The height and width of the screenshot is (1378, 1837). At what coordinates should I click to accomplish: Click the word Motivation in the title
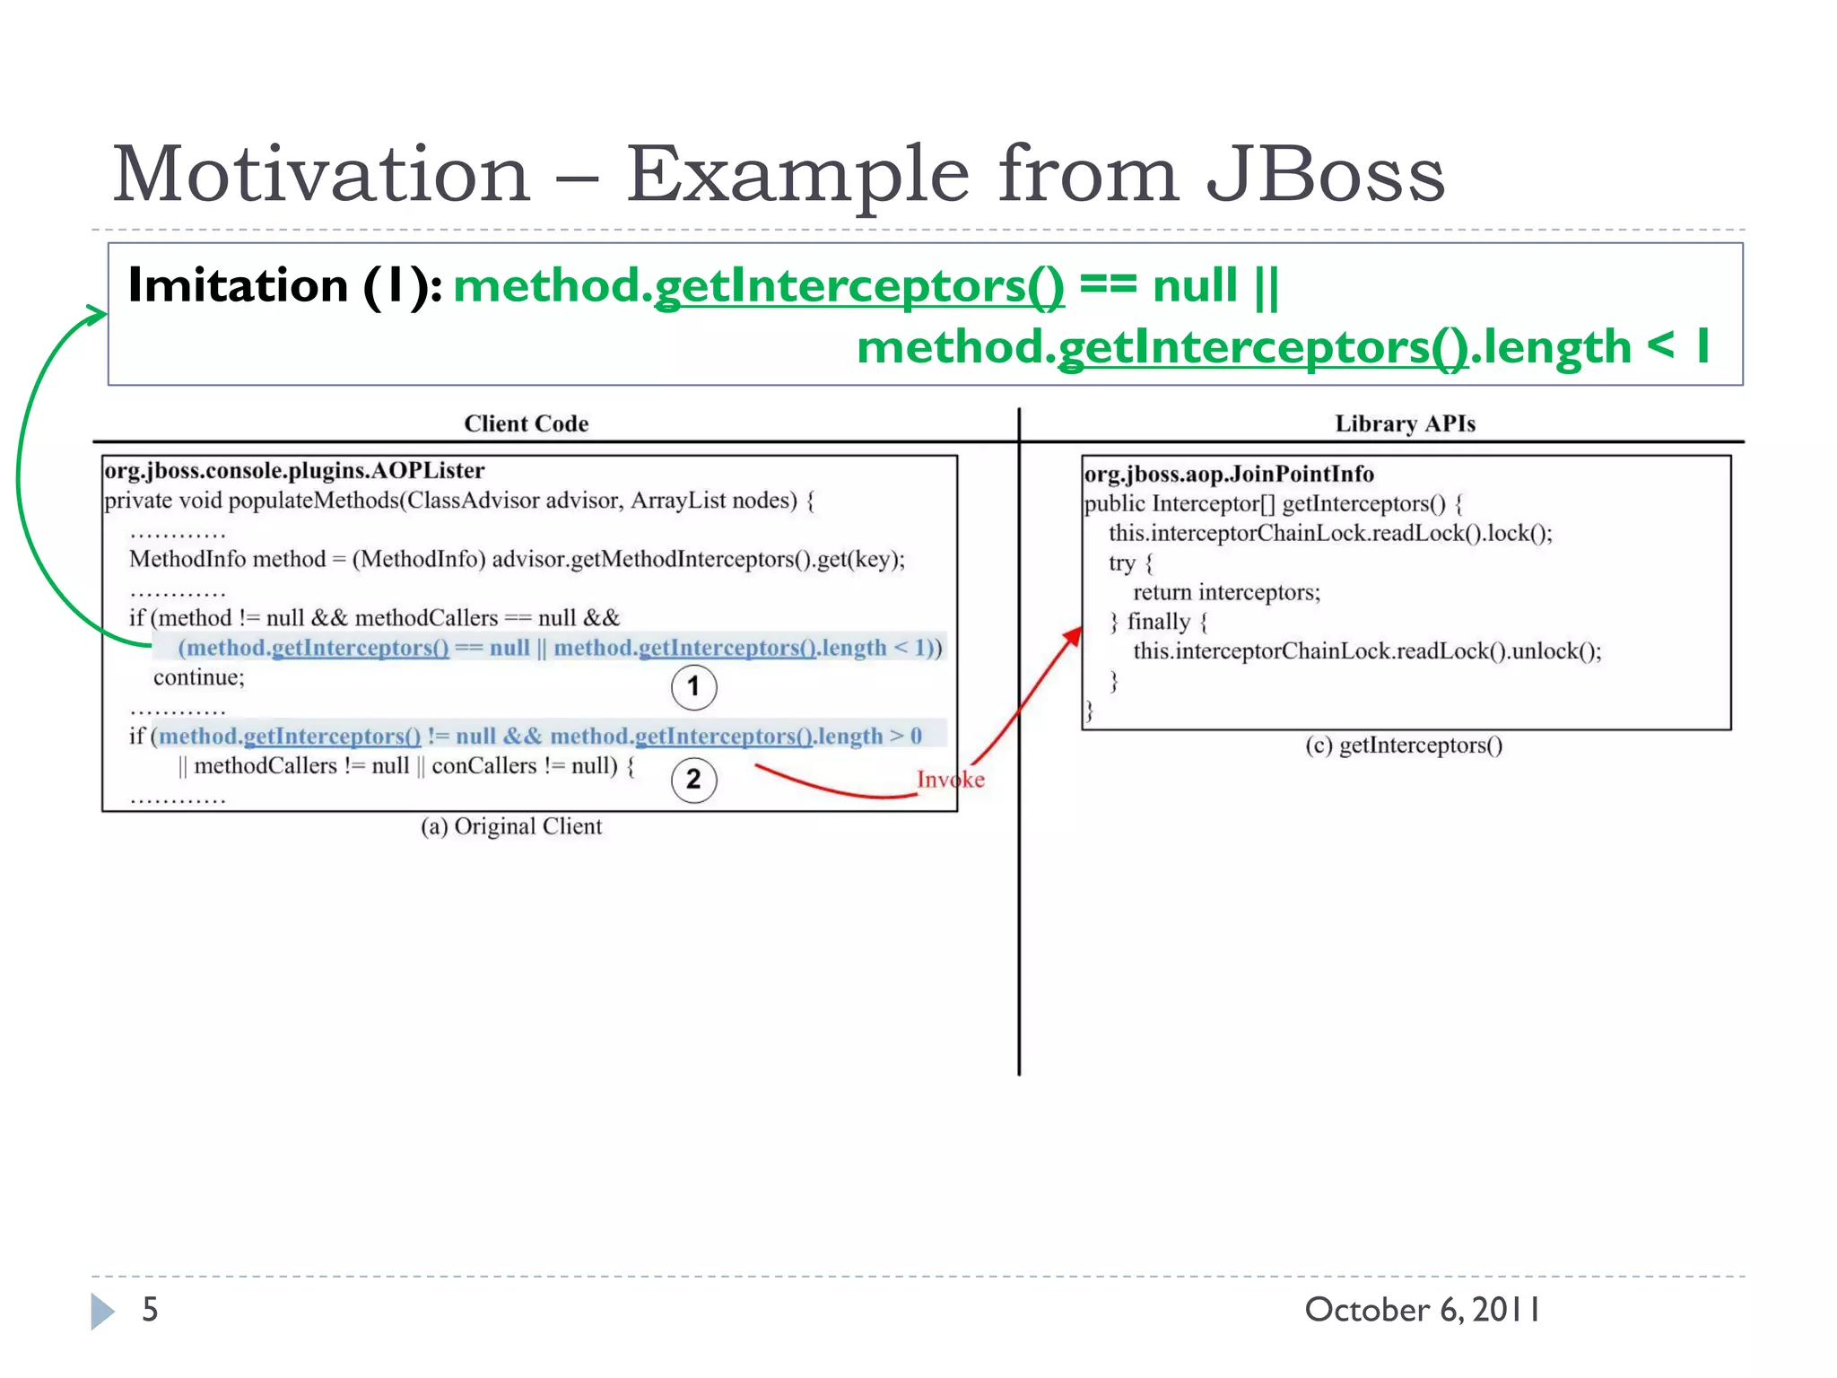321,175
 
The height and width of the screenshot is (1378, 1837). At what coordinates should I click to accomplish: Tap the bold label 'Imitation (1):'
284,286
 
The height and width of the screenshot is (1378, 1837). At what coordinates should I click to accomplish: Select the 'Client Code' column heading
526,423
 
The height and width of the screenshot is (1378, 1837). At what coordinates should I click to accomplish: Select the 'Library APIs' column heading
1404,423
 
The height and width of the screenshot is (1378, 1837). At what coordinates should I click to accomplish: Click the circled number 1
693,687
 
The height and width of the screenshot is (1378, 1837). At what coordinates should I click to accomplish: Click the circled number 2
693,780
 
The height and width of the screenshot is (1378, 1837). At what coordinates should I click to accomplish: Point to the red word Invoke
950,780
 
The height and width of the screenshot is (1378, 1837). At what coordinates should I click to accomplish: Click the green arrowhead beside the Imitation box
97,314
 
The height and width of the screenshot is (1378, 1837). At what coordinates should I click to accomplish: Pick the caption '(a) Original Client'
511,826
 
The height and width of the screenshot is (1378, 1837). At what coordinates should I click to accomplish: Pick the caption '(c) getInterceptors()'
1404,746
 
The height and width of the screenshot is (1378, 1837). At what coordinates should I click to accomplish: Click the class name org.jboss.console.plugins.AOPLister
294,471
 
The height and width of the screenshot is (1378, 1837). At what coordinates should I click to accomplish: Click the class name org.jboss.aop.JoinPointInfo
1229,474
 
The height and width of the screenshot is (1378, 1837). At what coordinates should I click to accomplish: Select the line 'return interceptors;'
1226,592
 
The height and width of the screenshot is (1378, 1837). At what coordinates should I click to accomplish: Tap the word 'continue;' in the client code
198,677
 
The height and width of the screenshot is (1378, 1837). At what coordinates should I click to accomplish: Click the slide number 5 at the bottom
150,1310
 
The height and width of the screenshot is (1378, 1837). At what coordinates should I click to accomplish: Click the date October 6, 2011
1422,1310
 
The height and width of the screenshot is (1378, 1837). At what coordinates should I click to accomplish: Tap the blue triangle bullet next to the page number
102,1312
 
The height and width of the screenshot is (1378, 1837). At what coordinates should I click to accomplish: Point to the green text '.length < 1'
1592,347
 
